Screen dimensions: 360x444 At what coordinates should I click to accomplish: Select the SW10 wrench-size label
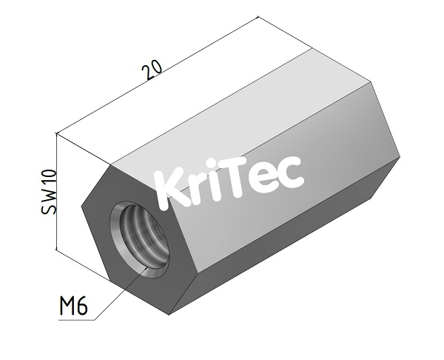(48, 191)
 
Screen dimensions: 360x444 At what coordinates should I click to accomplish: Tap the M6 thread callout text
(73, 306)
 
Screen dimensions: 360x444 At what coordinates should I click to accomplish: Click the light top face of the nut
(244, 104)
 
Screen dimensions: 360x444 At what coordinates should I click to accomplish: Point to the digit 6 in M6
(84, 306)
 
